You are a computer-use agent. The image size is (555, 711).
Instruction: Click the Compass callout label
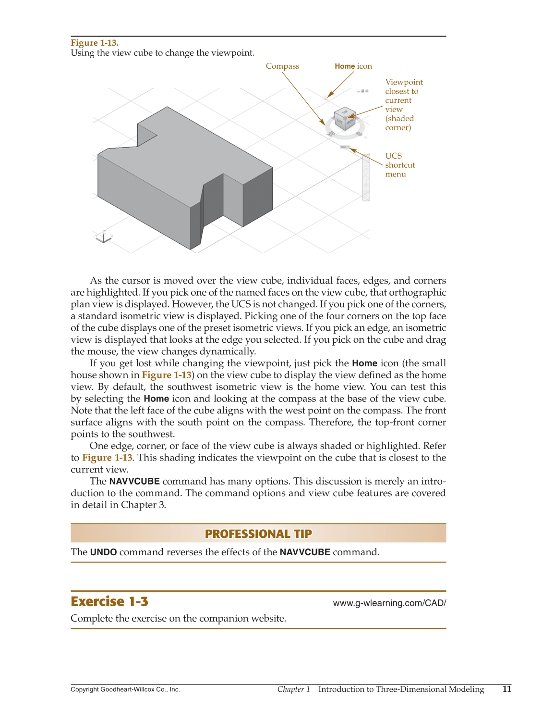tap(282, 66)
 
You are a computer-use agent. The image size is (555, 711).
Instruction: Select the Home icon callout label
tap(353, 66)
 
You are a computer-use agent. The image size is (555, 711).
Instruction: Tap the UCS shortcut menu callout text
tap(399, 165)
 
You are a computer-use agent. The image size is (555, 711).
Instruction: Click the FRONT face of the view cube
tap(350, 122)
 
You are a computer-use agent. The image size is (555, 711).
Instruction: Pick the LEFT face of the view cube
tap(339, 122)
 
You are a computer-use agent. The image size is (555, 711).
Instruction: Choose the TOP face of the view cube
tap(345, 112)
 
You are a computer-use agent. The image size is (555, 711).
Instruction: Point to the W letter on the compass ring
tap(330, 133)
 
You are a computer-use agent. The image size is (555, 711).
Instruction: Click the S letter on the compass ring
tap(359, 134)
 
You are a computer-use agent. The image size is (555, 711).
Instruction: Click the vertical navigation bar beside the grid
tap(366, 177)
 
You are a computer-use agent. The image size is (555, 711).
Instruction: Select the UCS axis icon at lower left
tap(103, 237)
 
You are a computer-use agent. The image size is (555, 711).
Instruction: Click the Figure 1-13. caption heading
tap(95, 43)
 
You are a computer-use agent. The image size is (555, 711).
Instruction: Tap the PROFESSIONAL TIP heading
tap(258, 534)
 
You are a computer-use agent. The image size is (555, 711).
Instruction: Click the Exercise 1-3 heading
tap(109, 602)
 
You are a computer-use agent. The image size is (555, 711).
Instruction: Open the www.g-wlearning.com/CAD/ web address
tap(389, 603)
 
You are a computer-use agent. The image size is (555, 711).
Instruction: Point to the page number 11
tap(507, 689)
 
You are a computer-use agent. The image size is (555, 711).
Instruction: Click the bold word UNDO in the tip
tap(103, 552)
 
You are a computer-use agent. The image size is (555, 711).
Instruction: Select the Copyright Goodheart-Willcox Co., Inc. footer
tap(125, 689)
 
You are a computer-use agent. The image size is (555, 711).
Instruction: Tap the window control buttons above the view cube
tap(363, 91)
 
